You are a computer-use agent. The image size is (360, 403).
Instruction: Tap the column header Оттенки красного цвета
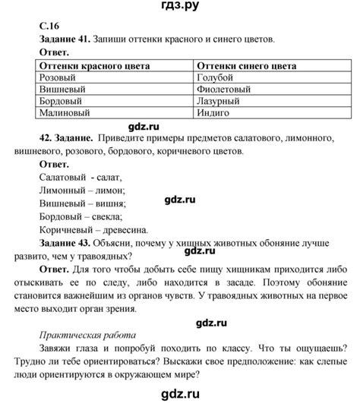[x=90, y=67]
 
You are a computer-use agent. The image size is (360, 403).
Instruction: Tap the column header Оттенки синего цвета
[x=244, y=67]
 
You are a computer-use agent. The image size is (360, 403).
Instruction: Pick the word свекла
[x=107, y=216]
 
